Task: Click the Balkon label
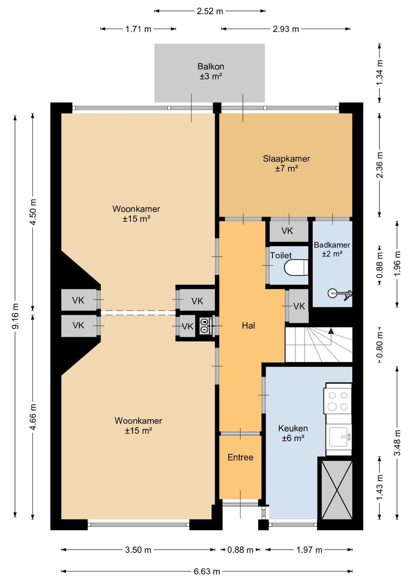[x=211, y=66]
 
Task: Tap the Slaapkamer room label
[x=286, y=159]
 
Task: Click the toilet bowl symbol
[x=296, y=268]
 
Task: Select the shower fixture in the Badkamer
[x=340, y=294]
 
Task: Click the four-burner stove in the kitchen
[x=338, y=401]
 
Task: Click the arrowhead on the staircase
[x=331, y=331]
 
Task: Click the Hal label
[x=248, y=326]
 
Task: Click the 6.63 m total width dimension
[x=207, y=572]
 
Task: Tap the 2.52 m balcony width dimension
[x=209, y=11]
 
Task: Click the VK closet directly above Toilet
[x=287, y=231]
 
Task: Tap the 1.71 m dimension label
[x=138, y=29]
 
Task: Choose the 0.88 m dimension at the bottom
[x=240, y=550]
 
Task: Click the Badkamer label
[x=332, y=245]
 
